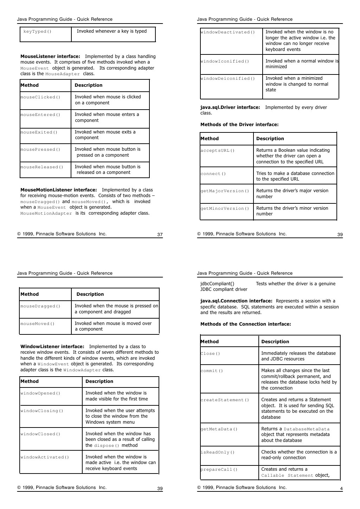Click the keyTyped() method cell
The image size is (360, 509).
point(38,32)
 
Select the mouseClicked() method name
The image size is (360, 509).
point(40,97)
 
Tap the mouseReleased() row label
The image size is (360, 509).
point(42,167)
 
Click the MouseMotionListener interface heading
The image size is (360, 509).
point(59,190)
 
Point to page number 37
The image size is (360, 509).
point(160,235)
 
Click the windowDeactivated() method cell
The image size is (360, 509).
point(228,32)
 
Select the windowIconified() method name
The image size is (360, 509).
point(225,61)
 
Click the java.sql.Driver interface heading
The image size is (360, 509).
point(230,107)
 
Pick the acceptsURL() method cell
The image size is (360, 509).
point(218,151)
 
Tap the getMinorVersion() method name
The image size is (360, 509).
point(225,209)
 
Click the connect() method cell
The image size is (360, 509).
point(213,174)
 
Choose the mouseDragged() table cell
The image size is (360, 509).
point(40,306)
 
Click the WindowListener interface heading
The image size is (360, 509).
point(52,347)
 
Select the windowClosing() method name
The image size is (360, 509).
point(42,411)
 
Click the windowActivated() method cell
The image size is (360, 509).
point(45,457)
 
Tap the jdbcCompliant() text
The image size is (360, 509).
point(217,284)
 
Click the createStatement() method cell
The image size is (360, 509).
point(225,400)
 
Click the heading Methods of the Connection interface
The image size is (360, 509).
point(246,324)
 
